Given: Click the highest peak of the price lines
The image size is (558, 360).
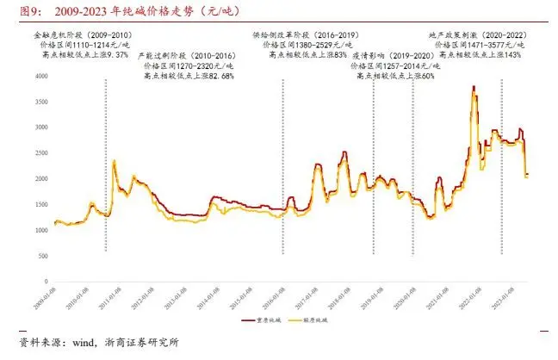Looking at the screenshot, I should click(x=474, y=86).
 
